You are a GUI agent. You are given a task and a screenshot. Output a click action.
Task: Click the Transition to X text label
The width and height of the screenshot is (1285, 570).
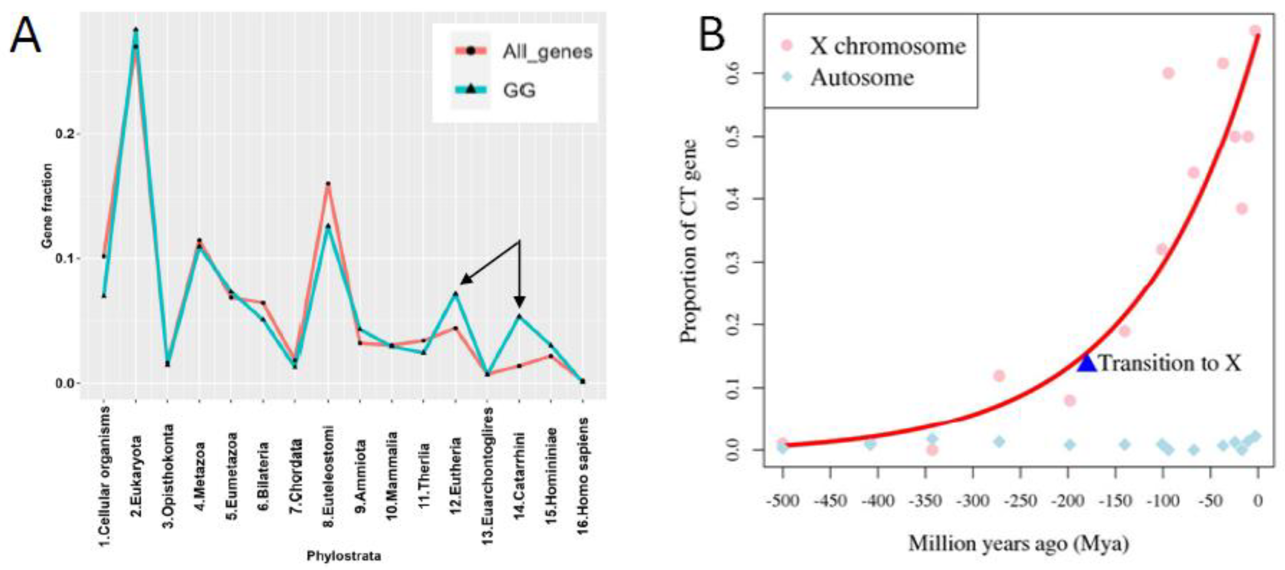pos(1170,363)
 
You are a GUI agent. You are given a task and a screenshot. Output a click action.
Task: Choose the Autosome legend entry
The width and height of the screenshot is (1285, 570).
pos(862,77)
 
